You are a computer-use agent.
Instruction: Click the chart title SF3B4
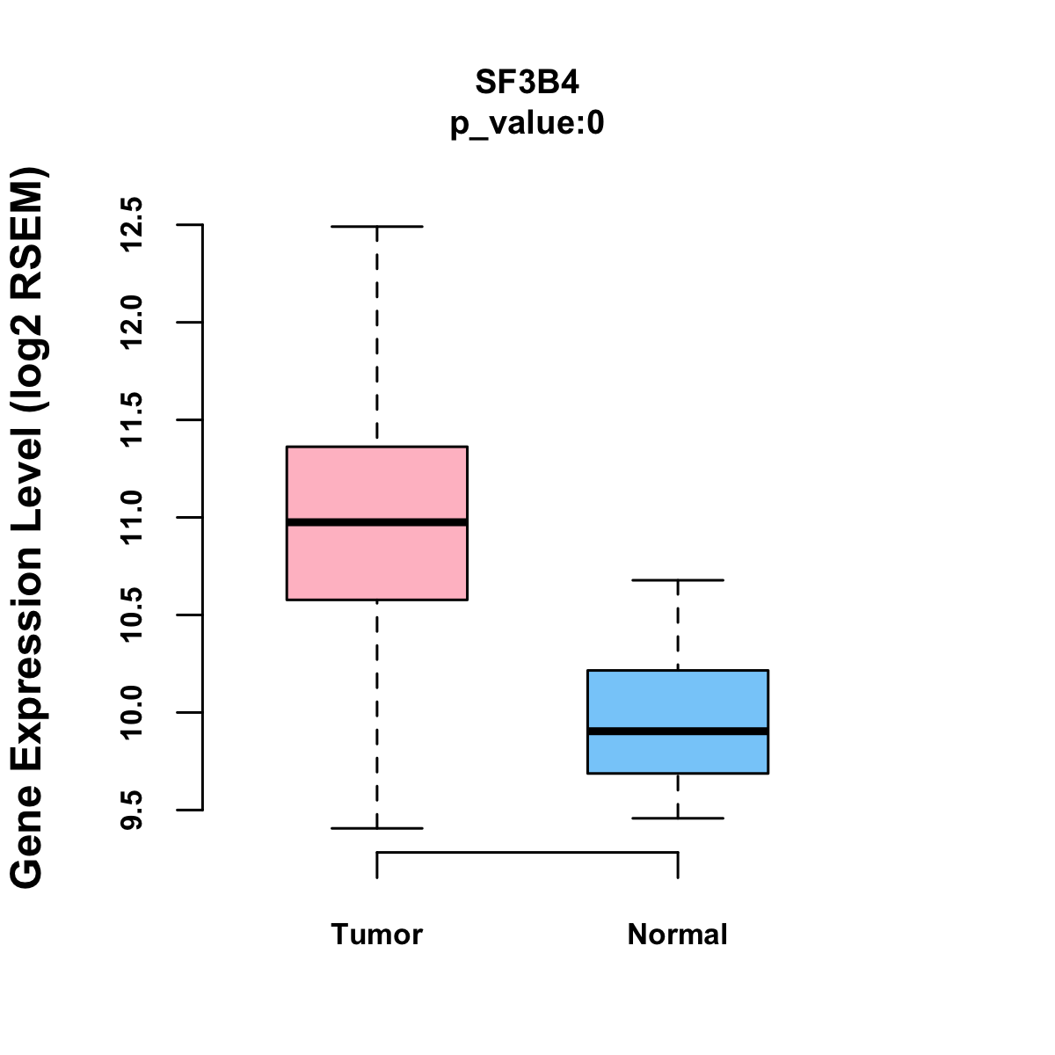pyautogui.click(x=527, y=83)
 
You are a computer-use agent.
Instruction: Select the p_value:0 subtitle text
pyautogui.click(x=527, y=124)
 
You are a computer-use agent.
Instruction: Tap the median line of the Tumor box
pyautogui.click(x=376, y=522)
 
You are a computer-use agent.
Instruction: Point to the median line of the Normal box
pyautogui.click(x=678, y=731)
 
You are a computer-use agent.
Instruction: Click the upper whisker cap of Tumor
pyautogui.click(x=376, y=227)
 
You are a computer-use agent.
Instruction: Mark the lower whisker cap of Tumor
pyautogui.click(x=376, y=828)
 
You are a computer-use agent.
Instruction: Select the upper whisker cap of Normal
pyautogui.click(x=678, y=580)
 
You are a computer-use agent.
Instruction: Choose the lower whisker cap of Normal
pyautogui.click(x=678, y=819)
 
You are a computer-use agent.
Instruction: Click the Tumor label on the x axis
pyautogui.click(x=376, y=935)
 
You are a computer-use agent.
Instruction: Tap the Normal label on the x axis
pyautogui.click(x=678, y=935)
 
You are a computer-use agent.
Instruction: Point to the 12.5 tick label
pyautogui.click(x=131, y=224)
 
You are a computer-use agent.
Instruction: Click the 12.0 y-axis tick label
pyautogui.click(x=131, y=323)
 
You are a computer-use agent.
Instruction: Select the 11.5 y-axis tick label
pyautogui.click(x=131, y=420)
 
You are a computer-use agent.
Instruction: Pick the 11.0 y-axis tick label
pyautogui.click(x=131, y=518)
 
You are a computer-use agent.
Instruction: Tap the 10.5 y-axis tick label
pyautogui.click(x=131, y=615)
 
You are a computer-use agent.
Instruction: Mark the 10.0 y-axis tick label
pyautogui.click(x=131, y=712)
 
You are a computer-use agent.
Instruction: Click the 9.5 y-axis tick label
pyautogui.click(x=131, y=810)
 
